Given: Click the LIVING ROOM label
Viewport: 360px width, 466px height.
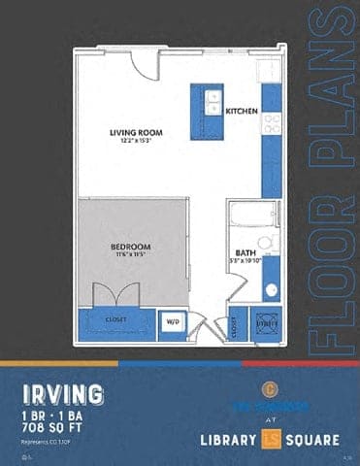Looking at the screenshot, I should [135, 131].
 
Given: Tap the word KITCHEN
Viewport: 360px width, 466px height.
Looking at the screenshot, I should [242, 112].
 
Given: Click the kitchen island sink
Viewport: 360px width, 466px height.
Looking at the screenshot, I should [212, 103].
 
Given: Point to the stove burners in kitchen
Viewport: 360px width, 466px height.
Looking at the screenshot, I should [273, 123].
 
